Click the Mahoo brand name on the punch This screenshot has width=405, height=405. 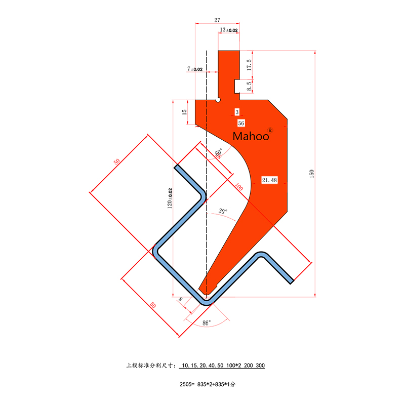(x=252, y=136)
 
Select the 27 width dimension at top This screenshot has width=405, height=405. (x=217, y=20)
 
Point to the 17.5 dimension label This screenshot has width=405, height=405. (x=249, y=64)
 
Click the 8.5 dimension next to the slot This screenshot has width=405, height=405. (x=249, y=86)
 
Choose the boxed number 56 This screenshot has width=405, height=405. (x=240, y=123)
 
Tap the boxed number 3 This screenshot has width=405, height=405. (x=237, y=111)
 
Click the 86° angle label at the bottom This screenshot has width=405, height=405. (x=206, y=322)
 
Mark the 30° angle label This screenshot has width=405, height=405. (x=223, y=211)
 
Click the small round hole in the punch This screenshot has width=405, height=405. (x=218, y=100)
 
